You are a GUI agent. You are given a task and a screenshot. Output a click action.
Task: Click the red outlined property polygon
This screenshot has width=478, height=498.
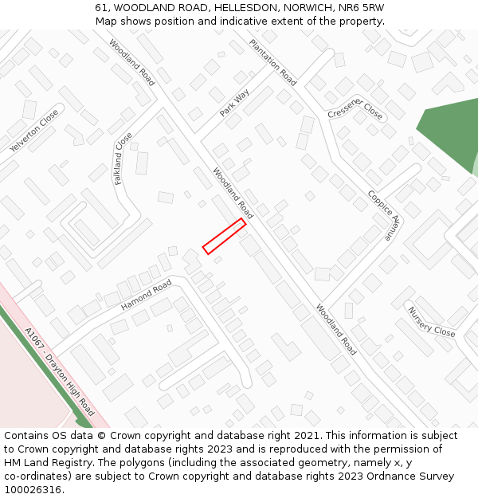[x=224, y=236]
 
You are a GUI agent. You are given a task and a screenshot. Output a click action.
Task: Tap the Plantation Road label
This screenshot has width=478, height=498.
[x=273, y=62]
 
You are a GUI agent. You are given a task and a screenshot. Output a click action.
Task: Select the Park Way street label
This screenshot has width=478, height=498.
[x=234, y=104]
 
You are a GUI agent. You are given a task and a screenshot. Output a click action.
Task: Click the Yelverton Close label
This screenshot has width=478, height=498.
[x=34, y=131]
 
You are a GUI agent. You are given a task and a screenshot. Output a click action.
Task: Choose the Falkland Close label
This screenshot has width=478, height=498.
[x=123, y=158]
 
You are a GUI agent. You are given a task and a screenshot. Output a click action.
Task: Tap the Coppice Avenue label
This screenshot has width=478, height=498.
[x=380, y=214]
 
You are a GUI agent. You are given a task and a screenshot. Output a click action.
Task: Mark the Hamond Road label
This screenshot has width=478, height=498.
[x=146, y=296]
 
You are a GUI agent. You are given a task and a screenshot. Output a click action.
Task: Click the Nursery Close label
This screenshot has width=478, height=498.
[x=431, y=321]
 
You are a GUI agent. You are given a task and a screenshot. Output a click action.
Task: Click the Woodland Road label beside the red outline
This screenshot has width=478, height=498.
[x=233, y=193]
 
